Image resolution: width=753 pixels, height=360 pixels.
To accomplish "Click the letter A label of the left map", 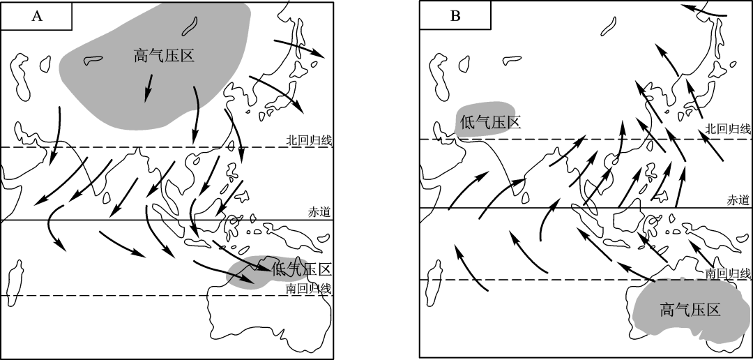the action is click(37, 16).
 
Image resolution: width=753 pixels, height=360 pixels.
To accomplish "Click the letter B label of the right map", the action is click(455, 16).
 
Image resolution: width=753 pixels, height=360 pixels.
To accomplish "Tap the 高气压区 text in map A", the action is click(164, 57).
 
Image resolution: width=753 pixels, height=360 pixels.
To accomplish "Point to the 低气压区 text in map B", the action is click(490, 122).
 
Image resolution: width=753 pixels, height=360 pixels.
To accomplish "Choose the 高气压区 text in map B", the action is click(690, 310).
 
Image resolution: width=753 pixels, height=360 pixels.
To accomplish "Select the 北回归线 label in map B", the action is click(727, 128).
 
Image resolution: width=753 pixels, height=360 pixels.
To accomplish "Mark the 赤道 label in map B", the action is click(738, 200).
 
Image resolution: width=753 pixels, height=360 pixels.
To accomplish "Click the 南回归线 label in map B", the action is click(727, 273).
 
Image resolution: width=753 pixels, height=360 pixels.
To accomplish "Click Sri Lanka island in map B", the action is click(526, 197).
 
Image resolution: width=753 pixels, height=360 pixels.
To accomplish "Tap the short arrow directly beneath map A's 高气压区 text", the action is click(149, 88).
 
